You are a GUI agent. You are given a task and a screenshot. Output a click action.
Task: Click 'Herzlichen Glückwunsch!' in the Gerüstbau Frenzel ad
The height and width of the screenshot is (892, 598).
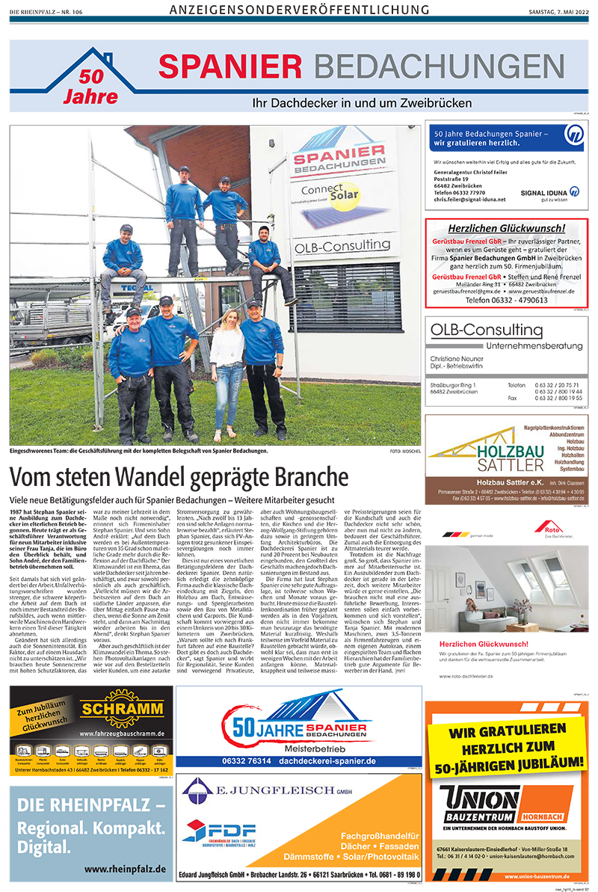pyautogui.click(x=506, y=228)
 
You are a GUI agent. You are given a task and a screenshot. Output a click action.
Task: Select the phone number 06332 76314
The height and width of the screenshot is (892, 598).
pyautogui.click(x=243, y=760)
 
